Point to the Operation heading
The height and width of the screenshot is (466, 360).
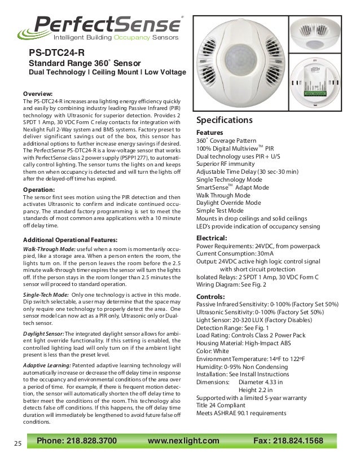coord(39,190)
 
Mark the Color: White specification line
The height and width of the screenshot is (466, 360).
coord(213,351)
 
